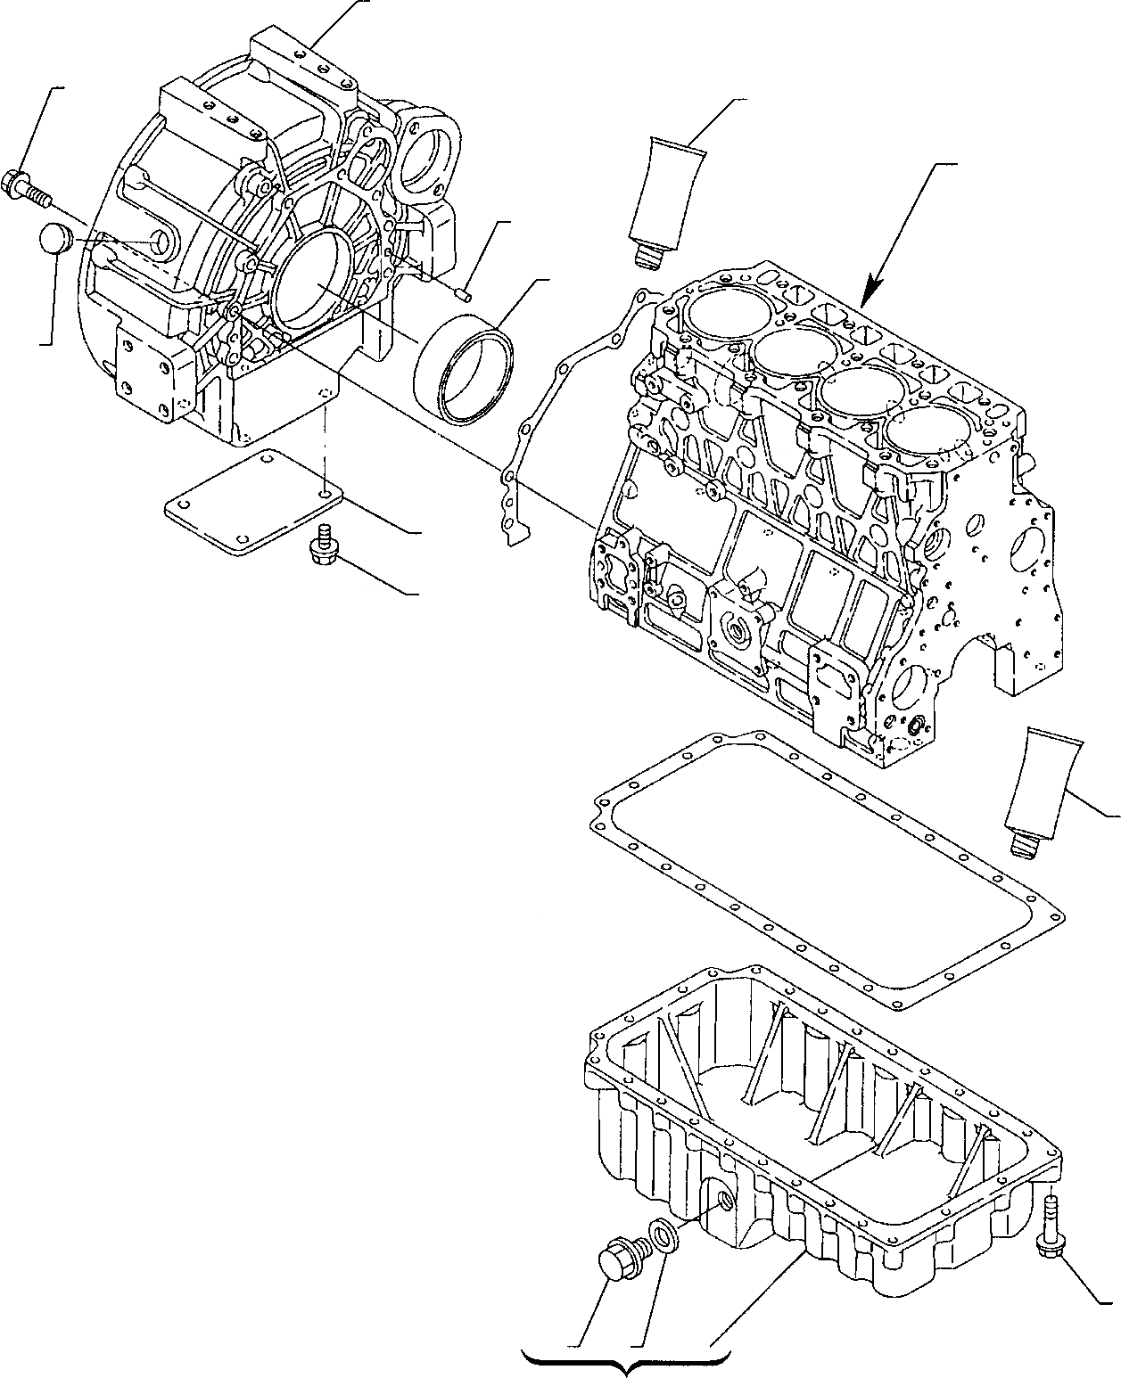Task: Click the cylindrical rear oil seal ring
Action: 464,374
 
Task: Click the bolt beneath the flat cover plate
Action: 320,545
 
